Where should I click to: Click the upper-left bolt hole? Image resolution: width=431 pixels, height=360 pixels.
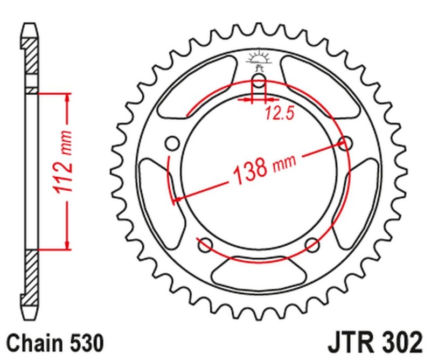coord(172,144)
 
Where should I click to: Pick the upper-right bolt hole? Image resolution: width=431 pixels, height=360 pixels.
coord(345,143)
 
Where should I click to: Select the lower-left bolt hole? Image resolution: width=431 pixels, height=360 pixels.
coord(205,245)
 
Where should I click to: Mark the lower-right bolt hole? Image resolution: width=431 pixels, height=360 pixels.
coord(312,245)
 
